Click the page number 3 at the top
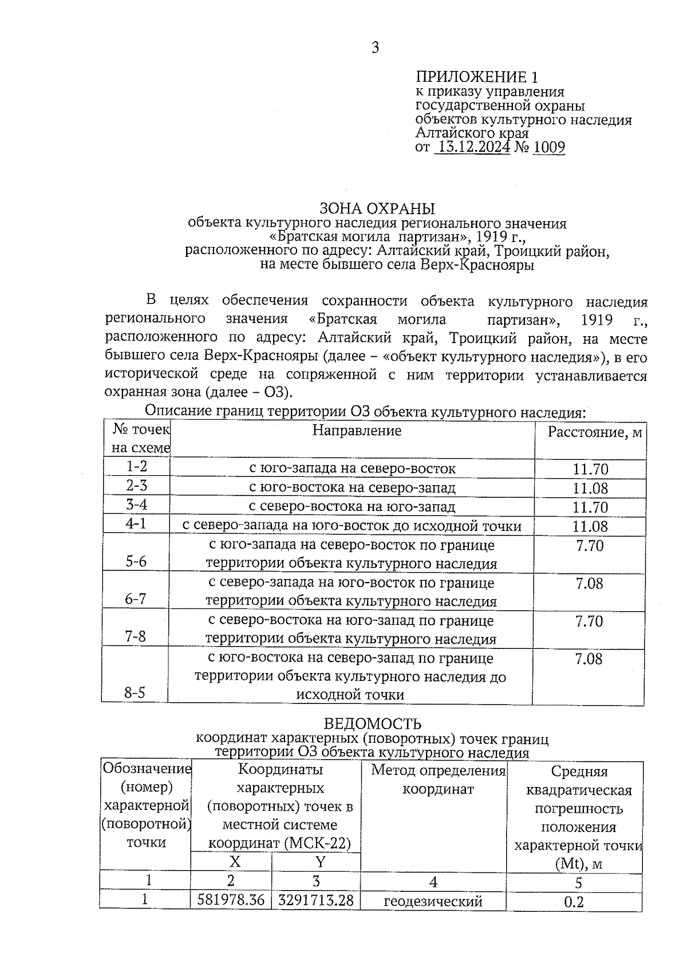[375, 48]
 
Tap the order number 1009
[548, 148]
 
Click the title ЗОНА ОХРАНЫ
[377, 208]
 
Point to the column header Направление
[357, 430]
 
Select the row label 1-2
[136, 467]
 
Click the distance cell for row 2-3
[590, 489]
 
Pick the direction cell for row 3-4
[352, 507]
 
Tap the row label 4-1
[136, 524]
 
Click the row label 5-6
[136, 561]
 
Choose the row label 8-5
[135, 693]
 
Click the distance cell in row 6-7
[589, 584]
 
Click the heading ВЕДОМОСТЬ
[372, 725]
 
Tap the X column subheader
[235, 861]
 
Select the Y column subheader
[319, 861]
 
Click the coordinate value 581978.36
[231, 900]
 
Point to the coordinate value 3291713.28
[315, 900]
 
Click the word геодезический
[433, 902]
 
